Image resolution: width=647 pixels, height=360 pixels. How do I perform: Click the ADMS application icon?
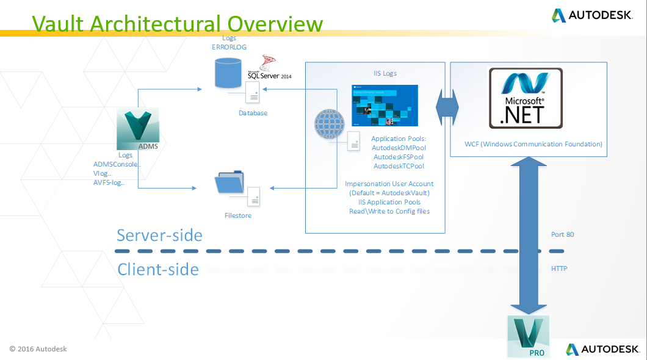pyautogui.click(x=137, y=129)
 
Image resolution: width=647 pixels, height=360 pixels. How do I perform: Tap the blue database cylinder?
pyautogui.click(x=227, y=72)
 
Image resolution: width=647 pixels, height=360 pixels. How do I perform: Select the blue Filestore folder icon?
pyautogui.click(x=230, y=184)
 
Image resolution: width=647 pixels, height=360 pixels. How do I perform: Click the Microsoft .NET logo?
pyautogui.click(x=526, y=98)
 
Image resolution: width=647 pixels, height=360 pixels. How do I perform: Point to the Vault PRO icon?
pyautogui.click(x=528, y=336)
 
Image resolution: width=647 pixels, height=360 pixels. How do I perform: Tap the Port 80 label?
pyautogui.click(x=562, y=234)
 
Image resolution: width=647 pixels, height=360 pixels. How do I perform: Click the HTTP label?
pyautogui.click(x=559, y=268)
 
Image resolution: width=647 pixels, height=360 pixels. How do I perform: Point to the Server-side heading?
pyautogui.click(x=159, y=236)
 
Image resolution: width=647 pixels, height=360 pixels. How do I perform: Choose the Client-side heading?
pyautogui.click(x=158, y=269)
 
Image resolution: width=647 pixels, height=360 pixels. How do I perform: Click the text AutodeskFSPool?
pyautogui.click(x=399, y=157)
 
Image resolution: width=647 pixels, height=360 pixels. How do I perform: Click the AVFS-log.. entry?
pyautogui.click(x=109, y=182)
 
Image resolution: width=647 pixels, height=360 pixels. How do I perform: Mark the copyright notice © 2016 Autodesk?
pyautogui.click(x=38, y=349)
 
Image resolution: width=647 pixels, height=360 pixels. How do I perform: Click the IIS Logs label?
pyautogui.click(x=385, y=73)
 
